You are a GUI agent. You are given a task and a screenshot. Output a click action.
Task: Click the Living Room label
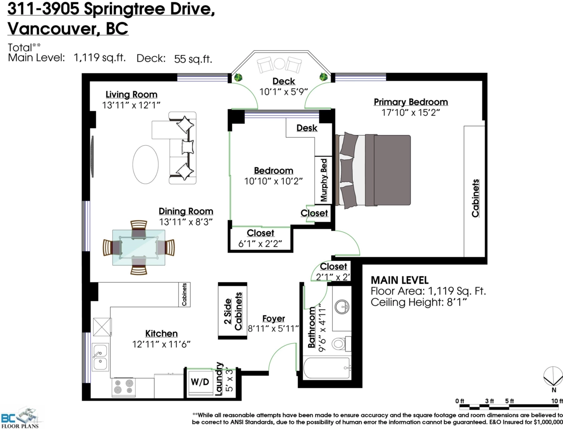pyautogui.click(x=131, y=94)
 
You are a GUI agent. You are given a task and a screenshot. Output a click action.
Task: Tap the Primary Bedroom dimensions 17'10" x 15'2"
pyautogui.click(x=411, y=113)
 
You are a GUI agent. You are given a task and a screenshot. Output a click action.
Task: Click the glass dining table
pyautogui.click(x=138, y=248)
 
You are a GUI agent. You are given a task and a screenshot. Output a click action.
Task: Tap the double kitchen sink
pyautogui.click(x=99, y=357)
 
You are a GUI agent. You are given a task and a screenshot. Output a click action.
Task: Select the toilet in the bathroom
pyautogui.click(x=340, y=344)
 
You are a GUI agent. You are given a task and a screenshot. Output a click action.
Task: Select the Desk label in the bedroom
pyautogui.click(x=307, y=128)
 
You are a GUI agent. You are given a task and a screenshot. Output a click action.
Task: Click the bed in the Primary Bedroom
pyautogui.click(x=373, y=171)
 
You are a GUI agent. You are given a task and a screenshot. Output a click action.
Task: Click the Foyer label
pyautogui.click(x=273, y=319)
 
